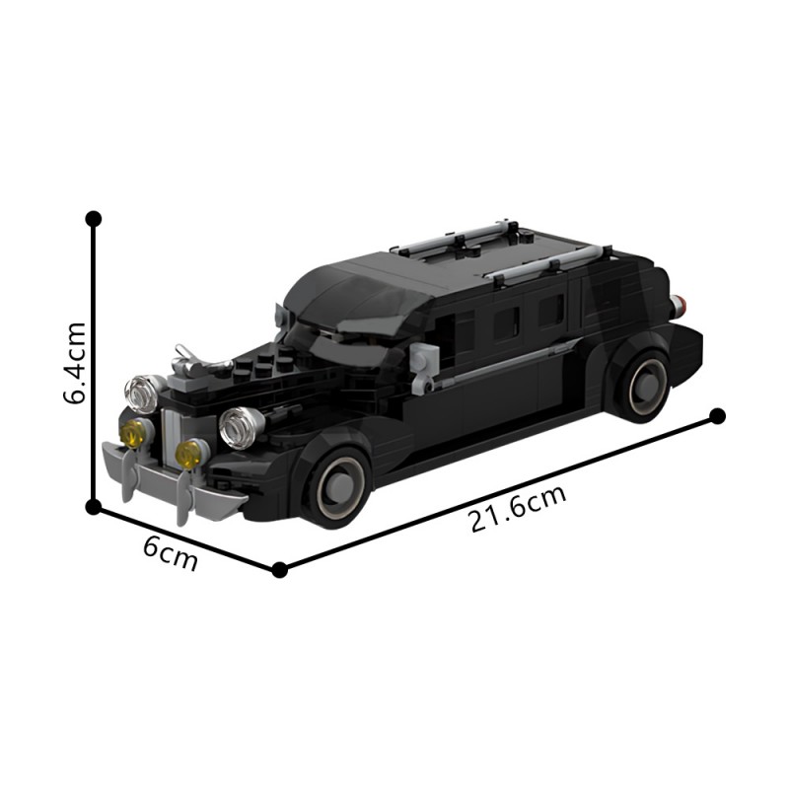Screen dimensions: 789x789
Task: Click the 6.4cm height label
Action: click(x=75, y=363)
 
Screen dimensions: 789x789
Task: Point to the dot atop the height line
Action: click(x=94, y=218)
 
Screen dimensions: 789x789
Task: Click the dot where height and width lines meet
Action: click(x=94, y=507)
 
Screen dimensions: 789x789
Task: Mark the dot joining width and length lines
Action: click(x=279, y=569)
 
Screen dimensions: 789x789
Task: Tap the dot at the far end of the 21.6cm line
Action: click(x=717, y=416)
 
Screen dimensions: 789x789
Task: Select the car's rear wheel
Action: click(x=643, y=385)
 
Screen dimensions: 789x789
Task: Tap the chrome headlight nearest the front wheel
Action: click(x=240, y=427)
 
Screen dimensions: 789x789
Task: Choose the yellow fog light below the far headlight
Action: click(x=133, y=432)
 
